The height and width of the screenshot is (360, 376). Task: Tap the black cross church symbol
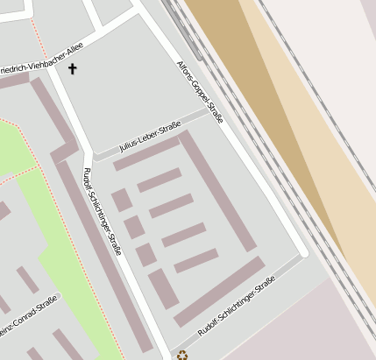[x=72, y=68]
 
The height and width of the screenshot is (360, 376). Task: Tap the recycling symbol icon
[x=182, y=355]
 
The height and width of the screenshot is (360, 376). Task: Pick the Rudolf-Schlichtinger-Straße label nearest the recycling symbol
[x=237, y=307]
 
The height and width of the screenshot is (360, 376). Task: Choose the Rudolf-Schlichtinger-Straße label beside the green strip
[x=102, y=211]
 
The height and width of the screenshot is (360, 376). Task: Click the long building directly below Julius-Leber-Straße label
[x=147, y=154]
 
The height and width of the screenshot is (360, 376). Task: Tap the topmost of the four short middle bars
[x=160, y=180]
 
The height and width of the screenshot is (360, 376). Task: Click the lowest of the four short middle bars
[x=195, y=260]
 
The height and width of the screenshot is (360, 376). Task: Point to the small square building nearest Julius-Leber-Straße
[x=122, y=201]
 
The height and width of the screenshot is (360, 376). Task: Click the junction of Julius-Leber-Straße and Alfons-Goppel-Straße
[x=211, y=110]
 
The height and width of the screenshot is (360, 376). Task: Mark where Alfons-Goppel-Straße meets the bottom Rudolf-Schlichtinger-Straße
[x=302, y=254]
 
